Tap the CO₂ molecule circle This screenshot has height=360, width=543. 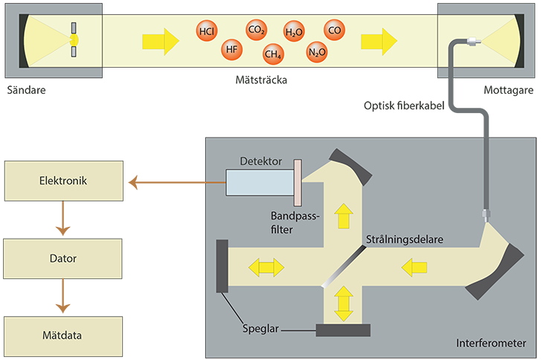[257, 30]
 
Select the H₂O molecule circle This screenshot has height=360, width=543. [294, 33]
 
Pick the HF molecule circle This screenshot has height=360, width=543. [232, 51]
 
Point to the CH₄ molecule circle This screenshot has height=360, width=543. [272, 53]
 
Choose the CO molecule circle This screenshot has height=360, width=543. [335, 30]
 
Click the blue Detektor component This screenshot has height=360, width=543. [259, 183]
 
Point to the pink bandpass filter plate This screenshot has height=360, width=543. [297, 183]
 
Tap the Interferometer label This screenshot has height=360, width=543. [493, 343]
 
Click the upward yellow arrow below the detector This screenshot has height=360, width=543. [343, 217]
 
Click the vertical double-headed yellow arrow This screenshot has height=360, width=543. [343, 303]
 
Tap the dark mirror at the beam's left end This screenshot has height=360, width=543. [222, 266]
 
